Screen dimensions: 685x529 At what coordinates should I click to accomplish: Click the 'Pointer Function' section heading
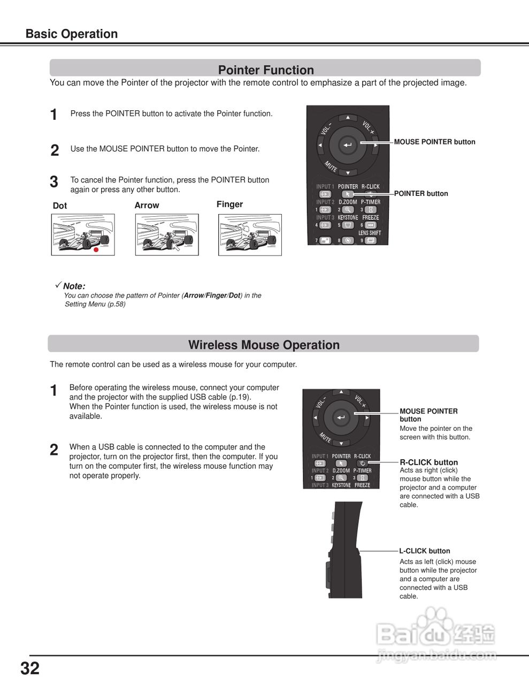click(x=266, y=70)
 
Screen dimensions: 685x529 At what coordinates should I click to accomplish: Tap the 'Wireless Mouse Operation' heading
click(x=264, y=345)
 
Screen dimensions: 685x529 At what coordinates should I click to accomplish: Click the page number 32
click(x=30, y=668)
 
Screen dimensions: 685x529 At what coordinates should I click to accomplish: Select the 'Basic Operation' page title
click(x=72, y=34)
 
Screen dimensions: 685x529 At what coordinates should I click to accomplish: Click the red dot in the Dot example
click(x=96, y=249)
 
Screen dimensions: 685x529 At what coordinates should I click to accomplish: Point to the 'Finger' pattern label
click(x=229, y=204)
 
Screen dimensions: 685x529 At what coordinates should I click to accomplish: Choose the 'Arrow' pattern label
click(x=147, y=205)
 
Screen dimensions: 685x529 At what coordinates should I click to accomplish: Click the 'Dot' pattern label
click(x=60, y=206)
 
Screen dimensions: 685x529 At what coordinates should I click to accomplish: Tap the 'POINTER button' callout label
click(x=421, y=194)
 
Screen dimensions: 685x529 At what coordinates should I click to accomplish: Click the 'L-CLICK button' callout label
click(x=425, y=551)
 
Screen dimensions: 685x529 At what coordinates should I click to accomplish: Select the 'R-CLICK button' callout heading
click(x=429, y=462)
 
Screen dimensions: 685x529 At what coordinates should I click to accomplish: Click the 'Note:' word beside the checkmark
click(x=74, y=286)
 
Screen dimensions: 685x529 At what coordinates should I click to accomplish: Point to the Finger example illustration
click(x=250, y=235)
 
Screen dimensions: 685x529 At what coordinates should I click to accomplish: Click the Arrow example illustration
click(x=167, y=235)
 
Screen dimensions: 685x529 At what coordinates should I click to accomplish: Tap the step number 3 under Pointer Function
click(x=54, y=182)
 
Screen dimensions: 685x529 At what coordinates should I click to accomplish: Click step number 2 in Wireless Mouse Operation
click(x=54, y=450)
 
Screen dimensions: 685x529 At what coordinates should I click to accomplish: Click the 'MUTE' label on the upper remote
click(x=331, y=166)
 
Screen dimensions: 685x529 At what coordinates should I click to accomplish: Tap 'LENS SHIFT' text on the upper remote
click(x=370, y=233)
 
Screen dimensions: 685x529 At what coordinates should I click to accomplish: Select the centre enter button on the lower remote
click(x=341, y=417)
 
